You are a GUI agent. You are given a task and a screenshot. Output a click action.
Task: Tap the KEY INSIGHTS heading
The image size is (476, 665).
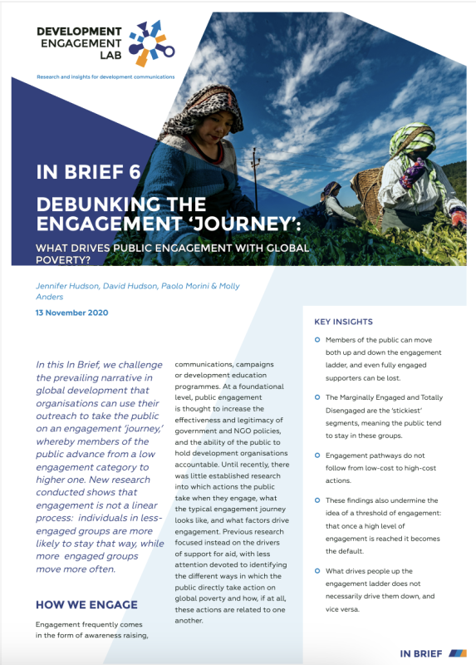coord(343,322)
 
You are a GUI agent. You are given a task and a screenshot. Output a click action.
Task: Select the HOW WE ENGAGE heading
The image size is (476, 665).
coord(86,604)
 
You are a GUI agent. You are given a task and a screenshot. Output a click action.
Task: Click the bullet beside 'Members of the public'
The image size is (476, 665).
coord(317,341)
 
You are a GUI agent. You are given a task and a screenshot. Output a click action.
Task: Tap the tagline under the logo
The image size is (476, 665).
coord(106,76)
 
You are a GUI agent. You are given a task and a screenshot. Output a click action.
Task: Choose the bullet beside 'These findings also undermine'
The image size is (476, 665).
coord(317,500)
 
